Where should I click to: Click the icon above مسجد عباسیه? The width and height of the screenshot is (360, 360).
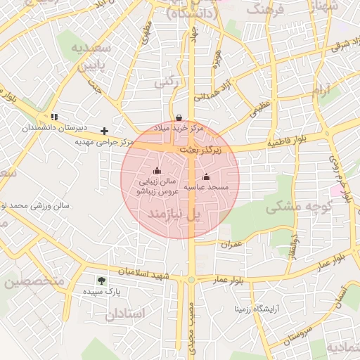point(206,177)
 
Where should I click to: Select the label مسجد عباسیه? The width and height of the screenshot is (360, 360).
point(207,188)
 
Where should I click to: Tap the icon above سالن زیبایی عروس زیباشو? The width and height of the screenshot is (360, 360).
point(157,171)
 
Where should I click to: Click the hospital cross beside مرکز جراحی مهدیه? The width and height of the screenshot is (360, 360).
point(105,131)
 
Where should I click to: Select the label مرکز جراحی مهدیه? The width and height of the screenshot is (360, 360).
point(104,141)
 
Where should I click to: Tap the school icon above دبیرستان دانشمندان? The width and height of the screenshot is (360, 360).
point(54,117)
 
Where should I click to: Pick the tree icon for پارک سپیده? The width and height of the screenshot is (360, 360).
point(103,281)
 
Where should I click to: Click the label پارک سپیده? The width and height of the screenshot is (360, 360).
point(103,291)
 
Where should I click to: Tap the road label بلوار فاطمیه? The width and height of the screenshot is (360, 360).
point(285,143)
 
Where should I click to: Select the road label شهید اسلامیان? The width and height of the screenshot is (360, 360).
point(144,272)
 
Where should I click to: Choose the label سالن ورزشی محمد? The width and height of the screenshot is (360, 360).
point(35,206)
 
